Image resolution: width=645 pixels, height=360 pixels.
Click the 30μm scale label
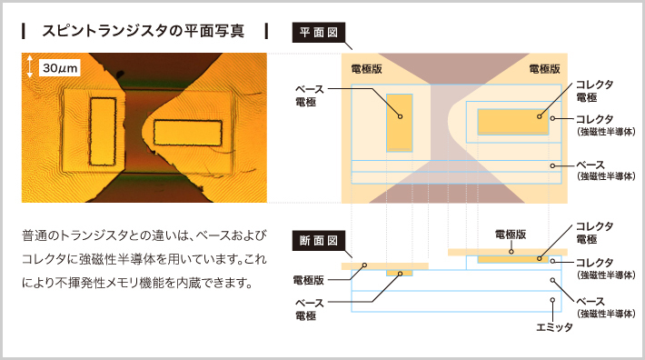(x=61, y=66)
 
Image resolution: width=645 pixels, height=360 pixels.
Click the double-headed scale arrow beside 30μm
(x=31, y=66)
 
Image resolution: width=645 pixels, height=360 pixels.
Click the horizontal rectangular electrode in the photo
(x=186, y=134)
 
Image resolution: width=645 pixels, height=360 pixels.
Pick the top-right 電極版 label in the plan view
(x=544, y=68)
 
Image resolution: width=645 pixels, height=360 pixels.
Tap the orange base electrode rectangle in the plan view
(x=399, y=121)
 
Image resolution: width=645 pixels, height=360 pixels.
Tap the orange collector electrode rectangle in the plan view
(x=514, y=121)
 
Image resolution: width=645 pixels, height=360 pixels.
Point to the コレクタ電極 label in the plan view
(x=593, y=90)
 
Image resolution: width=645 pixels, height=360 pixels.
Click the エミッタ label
(x=555, y=326)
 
